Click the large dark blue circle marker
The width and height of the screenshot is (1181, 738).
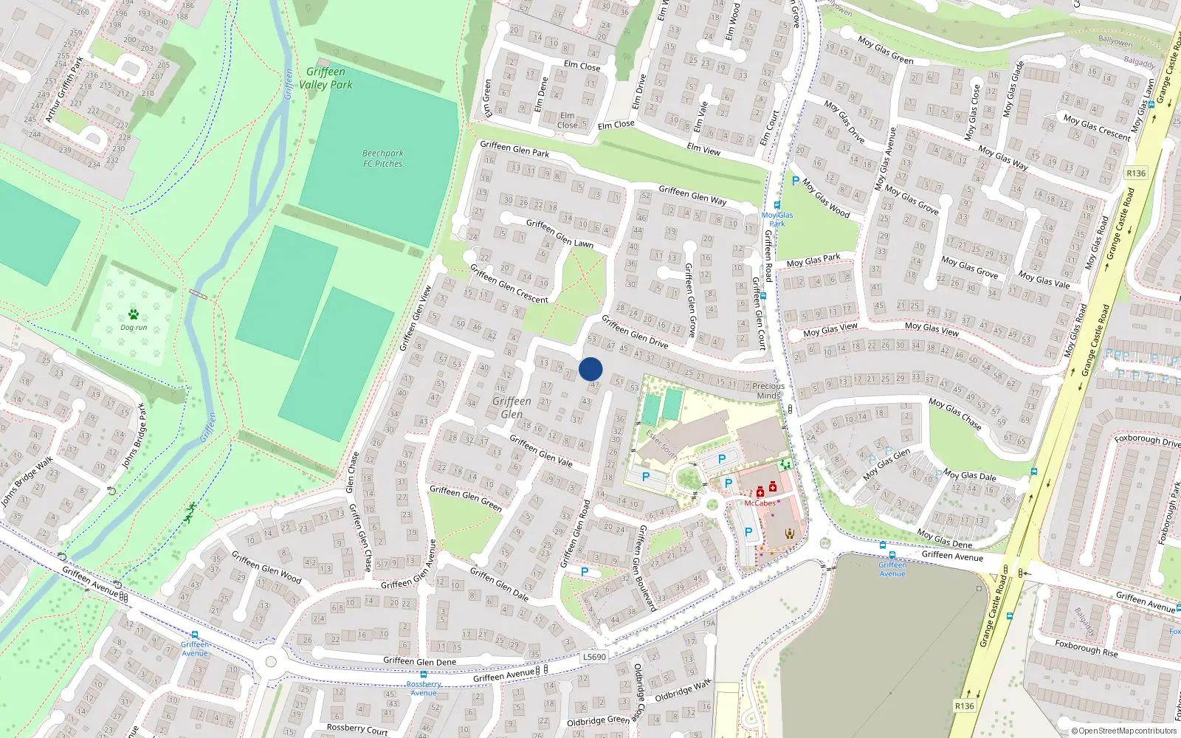(x=590, y=369)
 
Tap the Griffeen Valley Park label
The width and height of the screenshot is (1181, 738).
(x=326, y=78)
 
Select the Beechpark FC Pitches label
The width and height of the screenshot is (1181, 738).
(x=382, y=159)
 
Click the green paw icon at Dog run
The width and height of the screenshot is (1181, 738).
(x=134, y=314)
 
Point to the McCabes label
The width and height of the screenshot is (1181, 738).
(x=760, y=503)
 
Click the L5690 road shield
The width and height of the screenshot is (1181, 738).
(x=593, y=657)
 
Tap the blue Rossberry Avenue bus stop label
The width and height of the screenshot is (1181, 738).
(x=424, y=689)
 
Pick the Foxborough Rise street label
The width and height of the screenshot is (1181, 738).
(x=1086, y=648)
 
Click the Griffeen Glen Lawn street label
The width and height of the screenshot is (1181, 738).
(x=559, y=233)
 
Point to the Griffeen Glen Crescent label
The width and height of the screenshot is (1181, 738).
(x=509, y=284)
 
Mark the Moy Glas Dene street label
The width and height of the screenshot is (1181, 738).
(x=945, y=539)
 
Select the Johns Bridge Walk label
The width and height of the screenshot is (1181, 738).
(x=27, y=482)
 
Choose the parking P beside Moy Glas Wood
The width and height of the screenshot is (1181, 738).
(x=795, y=181)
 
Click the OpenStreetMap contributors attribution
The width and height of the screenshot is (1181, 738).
(x=1124, y=731)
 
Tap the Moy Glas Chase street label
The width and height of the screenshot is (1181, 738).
(x=955, y=414)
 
